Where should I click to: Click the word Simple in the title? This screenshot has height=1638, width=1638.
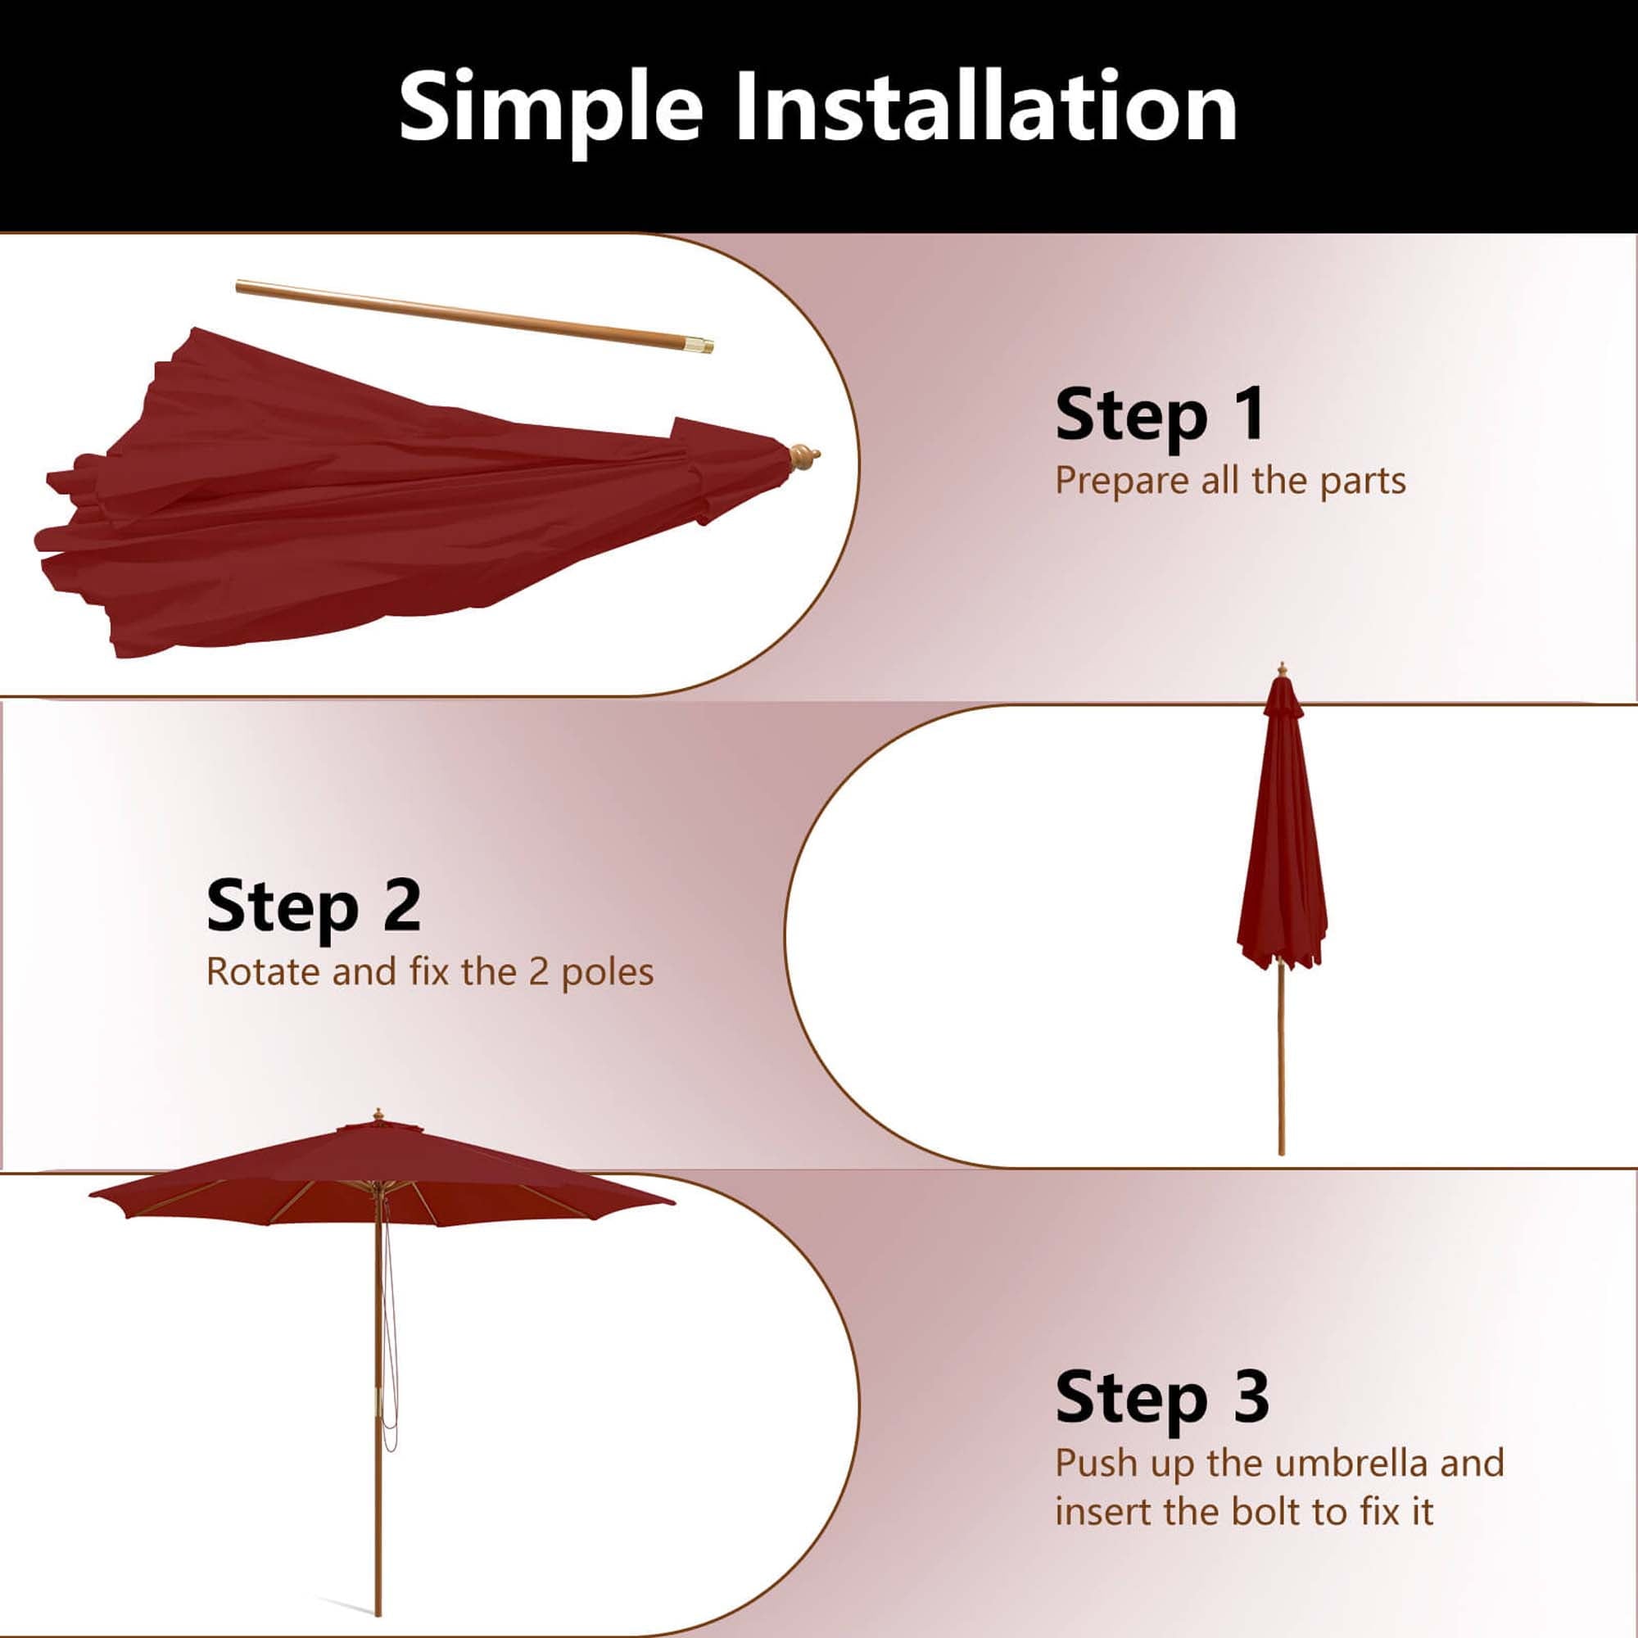point(551,109)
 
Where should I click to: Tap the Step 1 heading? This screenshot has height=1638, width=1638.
point(1160,414)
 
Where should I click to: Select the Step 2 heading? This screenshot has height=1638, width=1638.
point(313,906)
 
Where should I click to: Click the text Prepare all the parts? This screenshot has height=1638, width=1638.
point(1230,482)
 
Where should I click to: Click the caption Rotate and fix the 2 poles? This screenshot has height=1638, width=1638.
point(430,972)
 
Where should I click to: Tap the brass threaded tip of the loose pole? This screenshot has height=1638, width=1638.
point(700,344)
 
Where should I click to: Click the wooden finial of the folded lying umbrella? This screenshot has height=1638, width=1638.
point(803,459)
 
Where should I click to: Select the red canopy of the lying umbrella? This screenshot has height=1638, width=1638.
point(407,500)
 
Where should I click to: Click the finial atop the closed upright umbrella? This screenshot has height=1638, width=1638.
point(1282,671)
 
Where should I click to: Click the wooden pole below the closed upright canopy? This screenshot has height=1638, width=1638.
point(1281,1060)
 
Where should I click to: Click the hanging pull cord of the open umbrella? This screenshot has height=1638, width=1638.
point(388,1323)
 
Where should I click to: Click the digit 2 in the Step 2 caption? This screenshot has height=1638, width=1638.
point(539,971)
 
